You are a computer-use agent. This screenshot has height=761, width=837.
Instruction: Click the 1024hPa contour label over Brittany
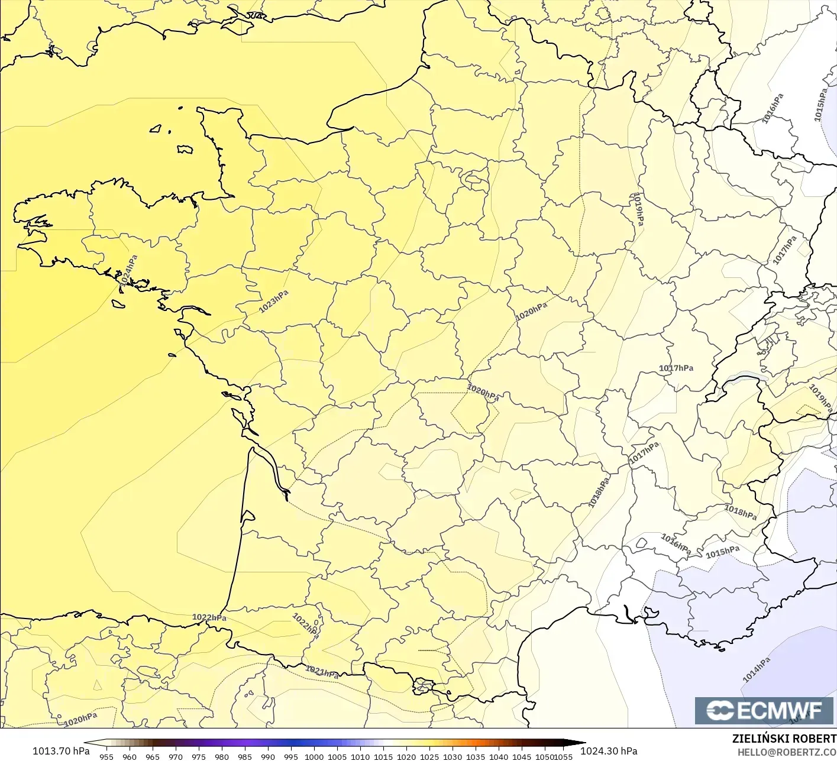[x=128, y=270]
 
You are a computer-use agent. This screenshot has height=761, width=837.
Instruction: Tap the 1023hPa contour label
[x=274, y=302]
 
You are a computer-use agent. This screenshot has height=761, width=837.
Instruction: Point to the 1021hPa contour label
[x=322, y=672]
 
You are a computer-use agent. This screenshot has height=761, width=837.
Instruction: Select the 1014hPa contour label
[x=757, y=669]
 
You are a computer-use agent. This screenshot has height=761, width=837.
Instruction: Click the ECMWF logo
[x=764, y=710]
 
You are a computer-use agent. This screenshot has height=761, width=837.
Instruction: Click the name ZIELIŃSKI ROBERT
[x=784, y=739]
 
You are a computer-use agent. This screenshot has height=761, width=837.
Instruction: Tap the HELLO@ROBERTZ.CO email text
[x=787, y=752]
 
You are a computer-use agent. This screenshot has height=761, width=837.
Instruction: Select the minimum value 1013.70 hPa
[x=61, y=751]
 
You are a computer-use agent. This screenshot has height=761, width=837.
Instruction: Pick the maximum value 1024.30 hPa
[x=609, y=751]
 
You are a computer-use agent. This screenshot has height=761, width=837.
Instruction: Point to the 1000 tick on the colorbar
[x=314, y=756]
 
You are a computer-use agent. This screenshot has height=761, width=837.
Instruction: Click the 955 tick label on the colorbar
[x=106, y=756]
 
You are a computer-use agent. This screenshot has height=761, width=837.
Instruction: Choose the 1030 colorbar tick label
[x=453, y=756]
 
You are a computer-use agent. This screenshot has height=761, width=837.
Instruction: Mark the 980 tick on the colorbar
[x=222, y=756]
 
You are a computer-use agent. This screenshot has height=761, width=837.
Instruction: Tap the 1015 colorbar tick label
[x=383, y=756]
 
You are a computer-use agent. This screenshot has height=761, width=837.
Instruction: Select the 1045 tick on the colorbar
[x=522, y=756]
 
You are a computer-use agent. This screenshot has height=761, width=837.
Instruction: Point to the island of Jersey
[x=185, y=150]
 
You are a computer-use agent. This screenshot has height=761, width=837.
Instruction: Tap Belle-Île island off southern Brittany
[x=119, y=303]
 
